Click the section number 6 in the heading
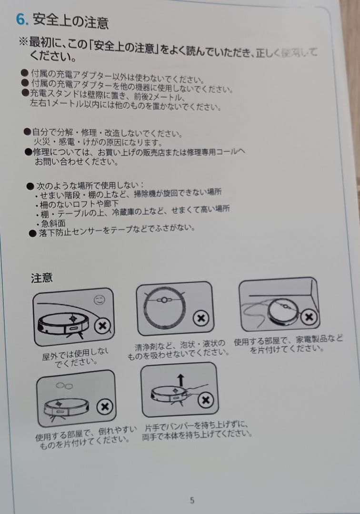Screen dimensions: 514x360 (20, 20)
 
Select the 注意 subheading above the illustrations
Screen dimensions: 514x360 (42, 278)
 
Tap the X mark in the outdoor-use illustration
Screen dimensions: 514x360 (102, 326)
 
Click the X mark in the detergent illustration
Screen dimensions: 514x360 (201, 317)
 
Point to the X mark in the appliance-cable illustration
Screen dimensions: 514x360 (309, 316)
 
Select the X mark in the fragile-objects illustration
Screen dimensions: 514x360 (104, 407)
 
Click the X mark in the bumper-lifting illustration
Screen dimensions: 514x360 (206, 400)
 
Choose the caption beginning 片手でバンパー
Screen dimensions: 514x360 (196, 430)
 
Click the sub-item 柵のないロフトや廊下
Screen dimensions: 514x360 (79, 204)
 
